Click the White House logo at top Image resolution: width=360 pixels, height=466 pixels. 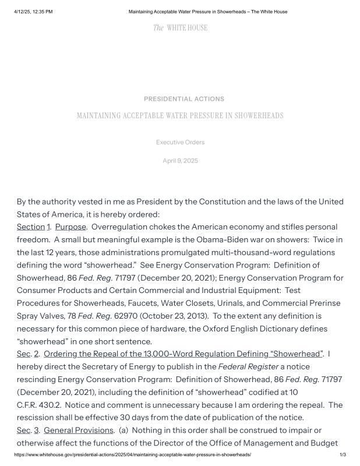coord(180,28)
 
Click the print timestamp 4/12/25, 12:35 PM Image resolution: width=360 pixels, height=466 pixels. coord(33,12)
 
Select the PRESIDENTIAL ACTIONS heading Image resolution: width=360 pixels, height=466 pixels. coord(184,99)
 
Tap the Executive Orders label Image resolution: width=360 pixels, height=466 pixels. coord(180,142)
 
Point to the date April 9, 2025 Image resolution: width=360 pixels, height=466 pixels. coord(180,161)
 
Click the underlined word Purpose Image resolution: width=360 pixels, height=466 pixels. coord(70,227)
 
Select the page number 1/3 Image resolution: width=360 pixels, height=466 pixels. coord(343,454)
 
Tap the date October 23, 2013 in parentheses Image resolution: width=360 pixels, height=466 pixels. coord(168,316)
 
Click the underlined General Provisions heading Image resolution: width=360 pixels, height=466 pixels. coord(79,430)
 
